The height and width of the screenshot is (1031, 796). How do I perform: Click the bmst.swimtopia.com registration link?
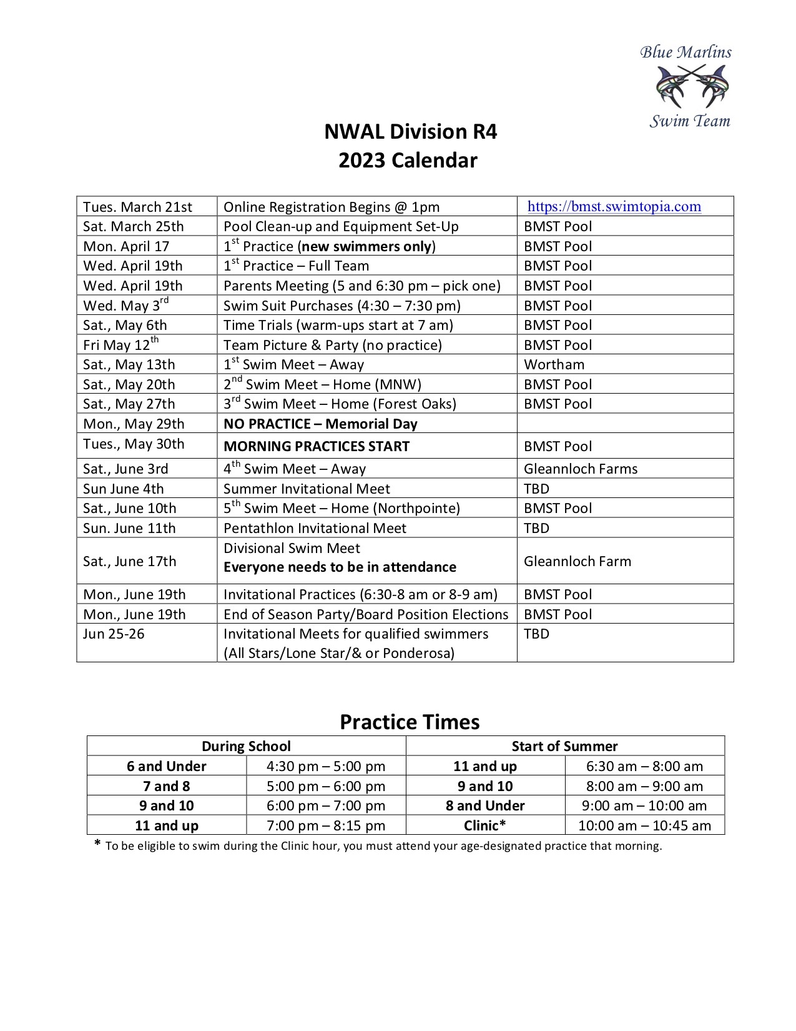[x=614, y=207]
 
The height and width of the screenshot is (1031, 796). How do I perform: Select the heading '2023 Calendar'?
[x=408, y=161]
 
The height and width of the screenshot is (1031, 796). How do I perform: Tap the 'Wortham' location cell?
[x=554, y=364]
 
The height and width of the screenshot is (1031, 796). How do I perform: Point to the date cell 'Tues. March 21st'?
[x=138, y=207]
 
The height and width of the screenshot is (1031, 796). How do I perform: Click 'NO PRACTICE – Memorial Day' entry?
[x=320, y=424]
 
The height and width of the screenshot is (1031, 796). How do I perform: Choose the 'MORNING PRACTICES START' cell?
[x=317, y=446]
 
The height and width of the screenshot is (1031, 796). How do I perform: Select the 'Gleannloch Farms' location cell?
[x=581, y=469]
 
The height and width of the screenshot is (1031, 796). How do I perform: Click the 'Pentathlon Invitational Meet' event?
[x=315, y=528]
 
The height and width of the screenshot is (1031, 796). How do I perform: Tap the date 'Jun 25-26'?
[x=114, y=634]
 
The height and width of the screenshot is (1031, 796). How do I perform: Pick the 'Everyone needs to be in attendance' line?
[x=340, y=567]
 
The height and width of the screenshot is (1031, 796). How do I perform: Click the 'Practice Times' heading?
[x=410, y=722]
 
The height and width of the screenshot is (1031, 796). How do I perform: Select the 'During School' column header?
[x=246, y=746]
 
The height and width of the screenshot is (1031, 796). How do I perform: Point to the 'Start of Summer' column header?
[x=564, y=746]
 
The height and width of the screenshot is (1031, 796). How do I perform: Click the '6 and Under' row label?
[x=167, y=766]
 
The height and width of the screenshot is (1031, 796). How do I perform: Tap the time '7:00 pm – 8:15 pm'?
[x=326, y=825]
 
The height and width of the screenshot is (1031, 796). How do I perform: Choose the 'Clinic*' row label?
[x=485, y=825]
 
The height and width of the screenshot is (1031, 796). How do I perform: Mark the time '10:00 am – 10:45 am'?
[x=644, y=825]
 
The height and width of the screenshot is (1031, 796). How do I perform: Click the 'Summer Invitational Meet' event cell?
[x=307, y=489]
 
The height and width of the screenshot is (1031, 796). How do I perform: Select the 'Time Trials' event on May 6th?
[x=338, y=325]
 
